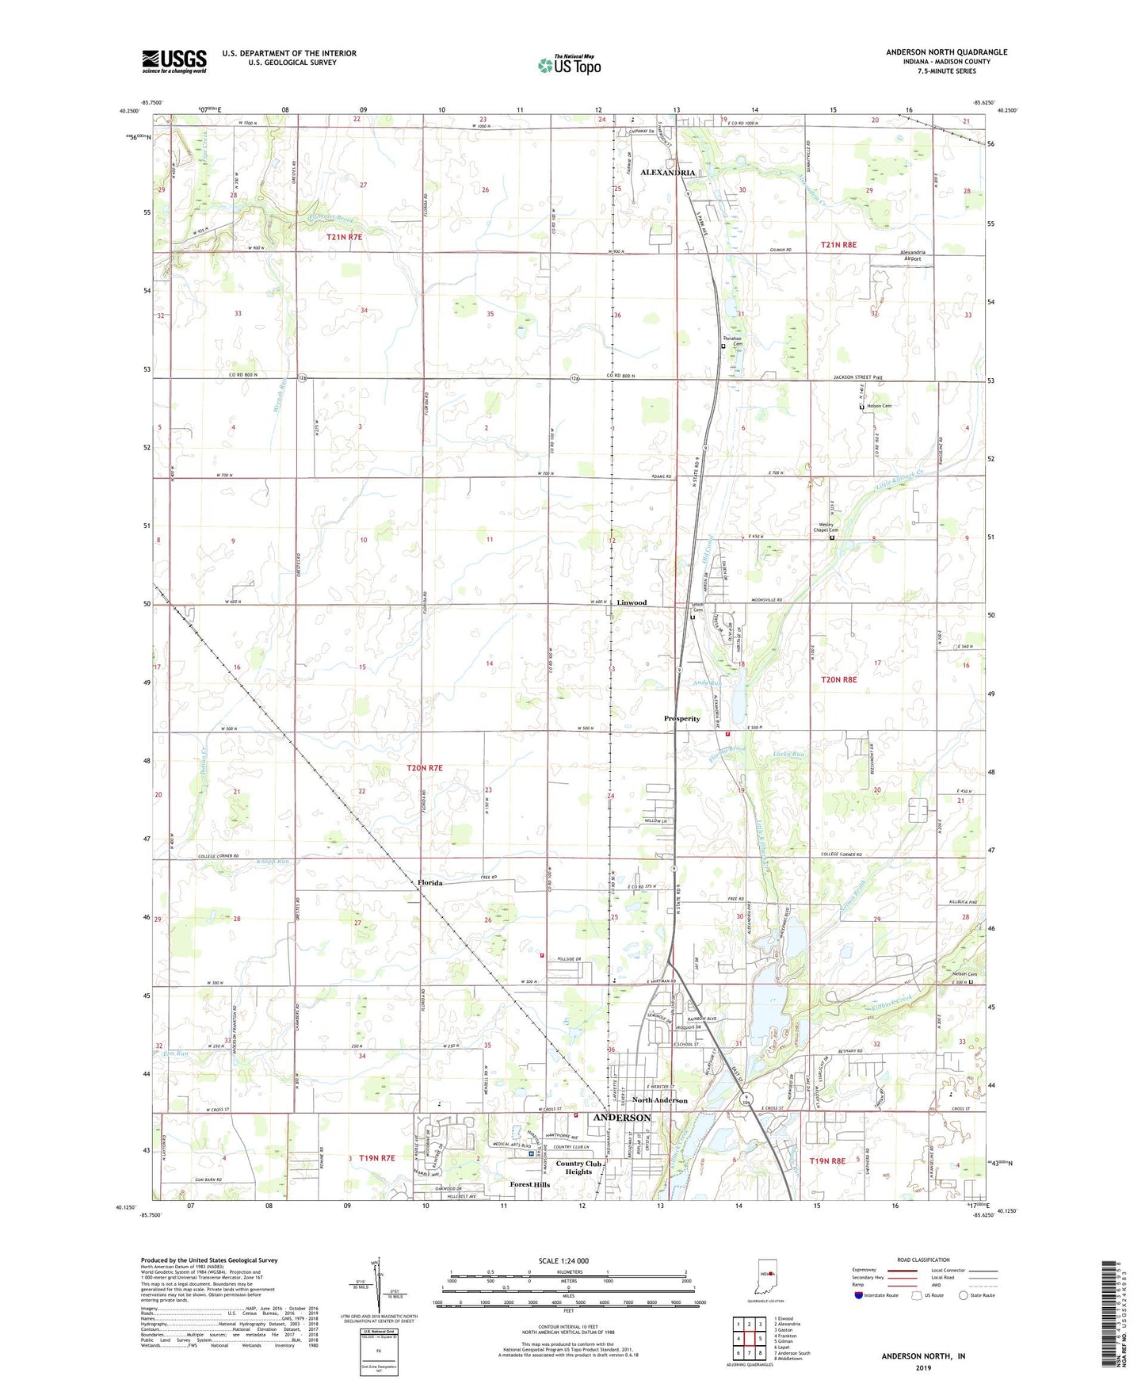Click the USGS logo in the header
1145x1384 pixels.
pyautogui.click(x=174, y=61)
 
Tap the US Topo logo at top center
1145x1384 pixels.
pyautogui.click(x=569, y=65)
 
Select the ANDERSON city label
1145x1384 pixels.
pyautogui.click(x=622, y=1118)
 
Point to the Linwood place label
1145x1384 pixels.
pyautogui.click(x=632, y=602)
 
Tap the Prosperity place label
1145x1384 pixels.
pyautogui.click(x=681, y=719)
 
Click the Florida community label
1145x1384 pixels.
pyautogui.click(x=430, y=882)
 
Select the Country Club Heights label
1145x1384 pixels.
pyautogui.click(x=578, y=1168)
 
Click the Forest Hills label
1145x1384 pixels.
pyautogui.click(x=529, y=1185)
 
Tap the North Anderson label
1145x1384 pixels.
pyautogui.click(x=659, y=1100)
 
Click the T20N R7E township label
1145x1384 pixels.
pyautogui.click(x=424, y=768)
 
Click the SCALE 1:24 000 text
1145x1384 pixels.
pyautogui.click(x=563, y=1261)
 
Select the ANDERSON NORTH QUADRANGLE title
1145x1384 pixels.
pyautogui.click(x=946, y=52)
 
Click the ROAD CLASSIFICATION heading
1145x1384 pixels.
pyautogui.click(x=923, y=1260)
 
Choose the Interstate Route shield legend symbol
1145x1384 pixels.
pyautogui.click(x=859, y=1296)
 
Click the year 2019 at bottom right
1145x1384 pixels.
pyautogui.click(x=923, y=1367)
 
